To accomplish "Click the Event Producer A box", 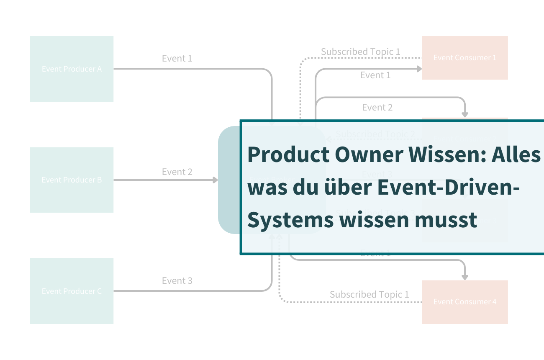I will pyautogui.click(x=72, y=69).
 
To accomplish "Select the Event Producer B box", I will pyautogui.click(x=72, y=180).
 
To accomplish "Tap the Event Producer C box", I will pyautogui.click(x=72, y=291).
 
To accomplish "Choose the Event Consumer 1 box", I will pyautogui.click(x=464, y=58).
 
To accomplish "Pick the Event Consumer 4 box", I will pyautogui.click(x=464, y=302).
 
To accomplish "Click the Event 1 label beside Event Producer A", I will pyautogui.click(x=177, y=59).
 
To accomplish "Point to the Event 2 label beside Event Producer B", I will pyautogui.click(x=177, y=172).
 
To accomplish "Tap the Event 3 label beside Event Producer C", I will pyautogui.click(x=177, y=281).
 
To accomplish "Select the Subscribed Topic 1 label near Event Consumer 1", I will pyautogui.click(x=360, y=52).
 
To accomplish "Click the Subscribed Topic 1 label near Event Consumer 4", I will pyautogui.click(x=369, y=295).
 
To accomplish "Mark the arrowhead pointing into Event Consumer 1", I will pyautogui.click(x=419, y=69).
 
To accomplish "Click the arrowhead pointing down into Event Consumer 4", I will pyautogui.click(x=464, y=277).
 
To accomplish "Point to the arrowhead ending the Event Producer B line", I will pyautogui.click(x=215, y=180).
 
